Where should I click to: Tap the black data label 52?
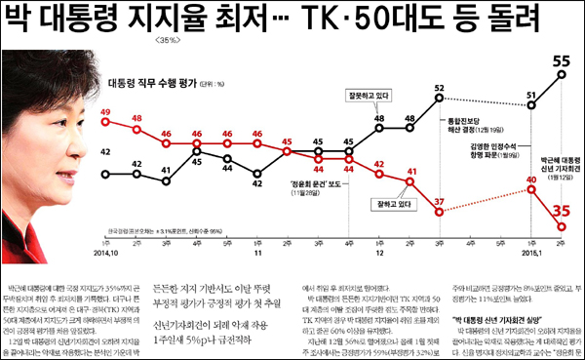coord(440,88)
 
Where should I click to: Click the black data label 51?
coord(532,96)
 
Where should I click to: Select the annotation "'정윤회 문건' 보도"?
coord(288,182)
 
